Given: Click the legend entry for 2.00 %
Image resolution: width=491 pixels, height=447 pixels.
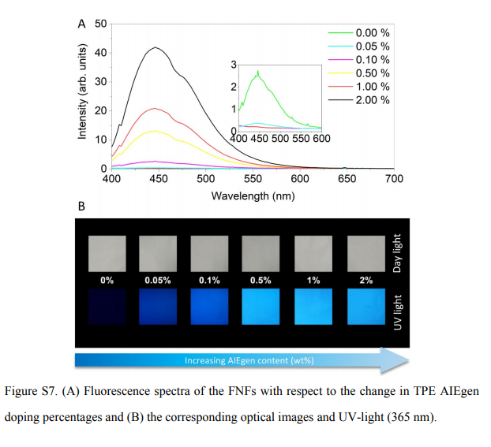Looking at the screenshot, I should coord(371,100).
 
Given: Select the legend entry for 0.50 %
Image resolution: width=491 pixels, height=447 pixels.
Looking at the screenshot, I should coord(371,73).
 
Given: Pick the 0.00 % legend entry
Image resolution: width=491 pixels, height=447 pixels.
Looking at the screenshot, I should coord(371,33).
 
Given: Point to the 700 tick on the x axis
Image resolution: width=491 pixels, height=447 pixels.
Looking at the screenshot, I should coord(394,179).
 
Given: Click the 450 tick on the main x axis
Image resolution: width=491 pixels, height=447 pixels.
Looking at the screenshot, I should coord(159,179).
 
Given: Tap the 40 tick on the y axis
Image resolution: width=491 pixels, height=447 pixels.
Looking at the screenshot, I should coord(101,53).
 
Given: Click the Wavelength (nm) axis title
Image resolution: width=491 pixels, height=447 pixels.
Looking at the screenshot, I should coord(253,195).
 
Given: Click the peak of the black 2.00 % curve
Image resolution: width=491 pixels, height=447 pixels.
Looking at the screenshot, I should coord(156,47).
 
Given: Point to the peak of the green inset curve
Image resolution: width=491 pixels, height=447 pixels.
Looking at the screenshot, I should coord(258,72).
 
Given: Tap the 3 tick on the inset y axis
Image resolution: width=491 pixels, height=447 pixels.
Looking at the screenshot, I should coord(234,64).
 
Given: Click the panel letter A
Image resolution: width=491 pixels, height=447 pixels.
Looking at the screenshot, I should coord(82,24).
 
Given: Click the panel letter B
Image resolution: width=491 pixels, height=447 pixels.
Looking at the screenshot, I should coord(81,207).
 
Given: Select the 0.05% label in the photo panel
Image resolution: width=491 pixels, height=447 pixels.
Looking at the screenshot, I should coord(157,280).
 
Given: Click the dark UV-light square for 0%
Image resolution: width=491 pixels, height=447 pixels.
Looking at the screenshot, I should coord(106,306).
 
